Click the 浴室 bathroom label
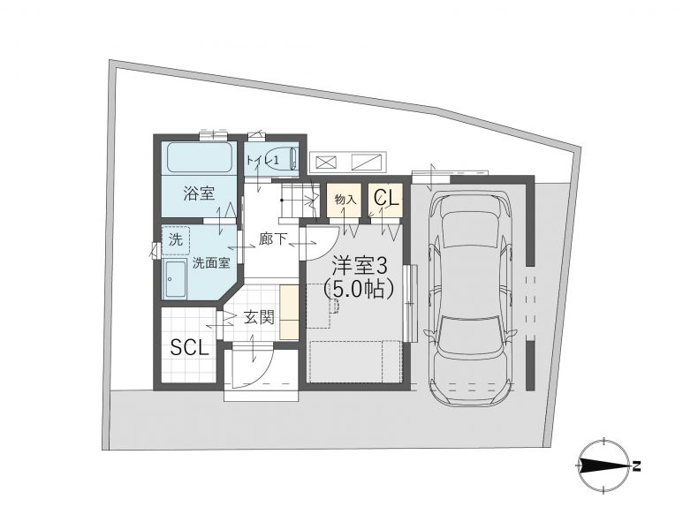pyautogui.click(x=199, y=193)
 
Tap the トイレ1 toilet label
pyautogui.click(x=263, y=161)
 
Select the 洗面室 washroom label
pyautogui.click(x=211, y=263)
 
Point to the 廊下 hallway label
pyautogui.click(x=272, y=239)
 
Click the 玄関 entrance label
pyautogui.click(x=259, y=318)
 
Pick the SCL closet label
pyautogui.click(x=190, y=347)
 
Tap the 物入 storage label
pyautogui.click(x=345, y=199)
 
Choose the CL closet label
pyautogui.click(x=386, y=198)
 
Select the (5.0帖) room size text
pyautogui.click(x=359, y=289)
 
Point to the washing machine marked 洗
pyautogui.click(x=176, y=240)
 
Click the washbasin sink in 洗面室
pyautogui.click(x=175, y=279)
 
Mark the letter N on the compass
pyautogui.click(x=637, y=466)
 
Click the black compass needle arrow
pyautogui.click(x=604, y=466)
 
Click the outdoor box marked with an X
pyautogui.click(x=326, y=162)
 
